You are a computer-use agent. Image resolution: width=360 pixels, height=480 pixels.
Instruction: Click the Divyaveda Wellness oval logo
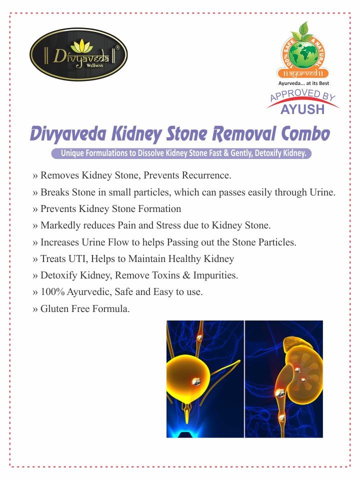[78, 54]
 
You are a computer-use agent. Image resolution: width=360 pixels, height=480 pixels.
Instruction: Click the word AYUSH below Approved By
[302, 109]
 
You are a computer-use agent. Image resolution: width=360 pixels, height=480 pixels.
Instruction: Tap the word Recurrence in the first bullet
[206, 175]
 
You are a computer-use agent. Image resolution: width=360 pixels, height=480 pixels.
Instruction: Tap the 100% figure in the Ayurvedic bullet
[52, 291]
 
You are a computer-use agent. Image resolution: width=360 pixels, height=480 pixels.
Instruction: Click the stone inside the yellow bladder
[196, 381]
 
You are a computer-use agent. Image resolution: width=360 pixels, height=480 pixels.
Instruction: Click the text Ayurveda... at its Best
[303, 83]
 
